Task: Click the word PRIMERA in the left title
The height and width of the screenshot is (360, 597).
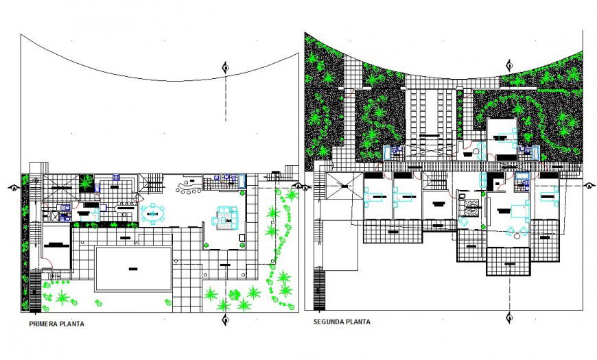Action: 42,324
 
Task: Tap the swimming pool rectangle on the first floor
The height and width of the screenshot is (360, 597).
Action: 133,268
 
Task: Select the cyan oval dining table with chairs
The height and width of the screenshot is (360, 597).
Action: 153,213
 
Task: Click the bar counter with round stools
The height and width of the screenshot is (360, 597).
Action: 188,186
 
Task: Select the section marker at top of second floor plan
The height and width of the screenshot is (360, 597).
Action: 509,66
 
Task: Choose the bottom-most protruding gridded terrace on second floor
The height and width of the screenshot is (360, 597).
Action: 508,261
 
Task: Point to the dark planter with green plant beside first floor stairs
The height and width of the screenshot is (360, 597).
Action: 86,183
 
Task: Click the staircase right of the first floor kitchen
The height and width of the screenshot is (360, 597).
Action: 152,182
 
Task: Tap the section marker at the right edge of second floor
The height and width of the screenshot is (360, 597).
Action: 588,185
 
